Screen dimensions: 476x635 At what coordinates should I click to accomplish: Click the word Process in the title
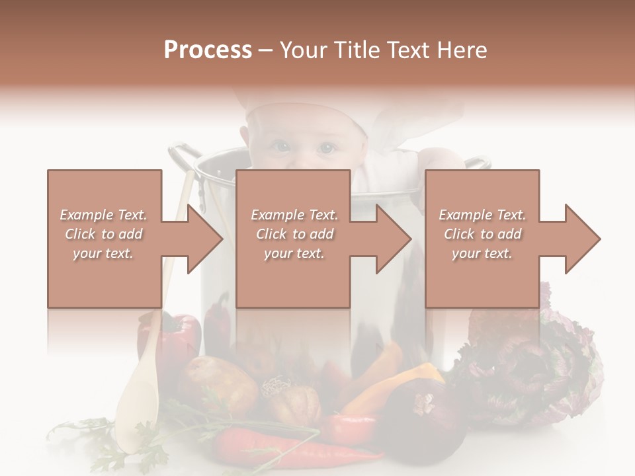(x=208, y=50)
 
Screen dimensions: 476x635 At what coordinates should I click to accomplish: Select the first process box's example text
(x=103, y=234)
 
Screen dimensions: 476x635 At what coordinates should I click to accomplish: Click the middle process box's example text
(x=294, y=234)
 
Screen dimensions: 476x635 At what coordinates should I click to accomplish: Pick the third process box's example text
(x=482, y=234)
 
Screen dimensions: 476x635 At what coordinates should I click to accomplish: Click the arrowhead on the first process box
(x=205, y=239)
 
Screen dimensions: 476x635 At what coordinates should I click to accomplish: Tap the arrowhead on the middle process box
(x=394, y=239)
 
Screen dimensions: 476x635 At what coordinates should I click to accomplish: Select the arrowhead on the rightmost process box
(x=583, y=239)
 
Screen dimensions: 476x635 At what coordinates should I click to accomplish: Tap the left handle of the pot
(x=183, y=155)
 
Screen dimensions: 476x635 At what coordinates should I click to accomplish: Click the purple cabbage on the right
(x=536, y=370)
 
